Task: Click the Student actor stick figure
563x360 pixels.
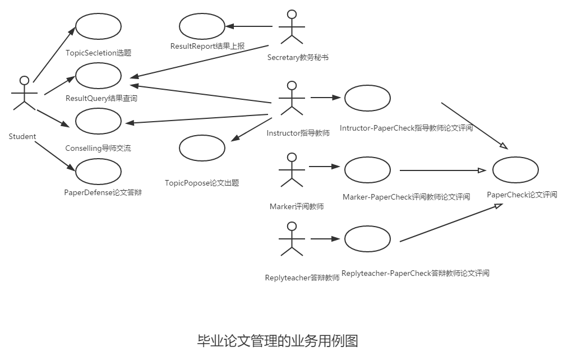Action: [24, 93]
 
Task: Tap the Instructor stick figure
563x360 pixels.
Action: [290, 98]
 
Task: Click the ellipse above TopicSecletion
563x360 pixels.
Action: [98, 26]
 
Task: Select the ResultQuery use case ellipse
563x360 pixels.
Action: [98, 75]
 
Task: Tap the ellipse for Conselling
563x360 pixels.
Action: [98, 122]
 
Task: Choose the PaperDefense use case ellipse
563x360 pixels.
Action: [98, 172]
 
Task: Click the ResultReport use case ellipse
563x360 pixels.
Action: [202, 26]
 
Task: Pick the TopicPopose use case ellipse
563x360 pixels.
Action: [202, 147]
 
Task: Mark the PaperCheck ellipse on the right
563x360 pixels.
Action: [515, 170]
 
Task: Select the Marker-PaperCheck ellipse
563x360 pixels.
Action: [367, 170]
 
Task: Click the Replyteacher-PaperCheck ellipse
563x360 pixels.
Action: [367, 239]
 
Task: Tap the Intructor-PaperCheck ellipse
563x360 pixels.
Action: [367, 98]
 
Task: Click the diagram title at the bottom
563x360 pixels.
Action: [277, 340]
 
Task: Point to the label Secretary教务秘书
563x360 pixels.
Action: [298, 57]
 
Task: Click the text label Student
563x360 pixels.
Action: [22, 136]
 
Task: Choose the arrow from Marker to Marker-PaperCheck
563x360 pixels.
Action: [325, 167]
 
